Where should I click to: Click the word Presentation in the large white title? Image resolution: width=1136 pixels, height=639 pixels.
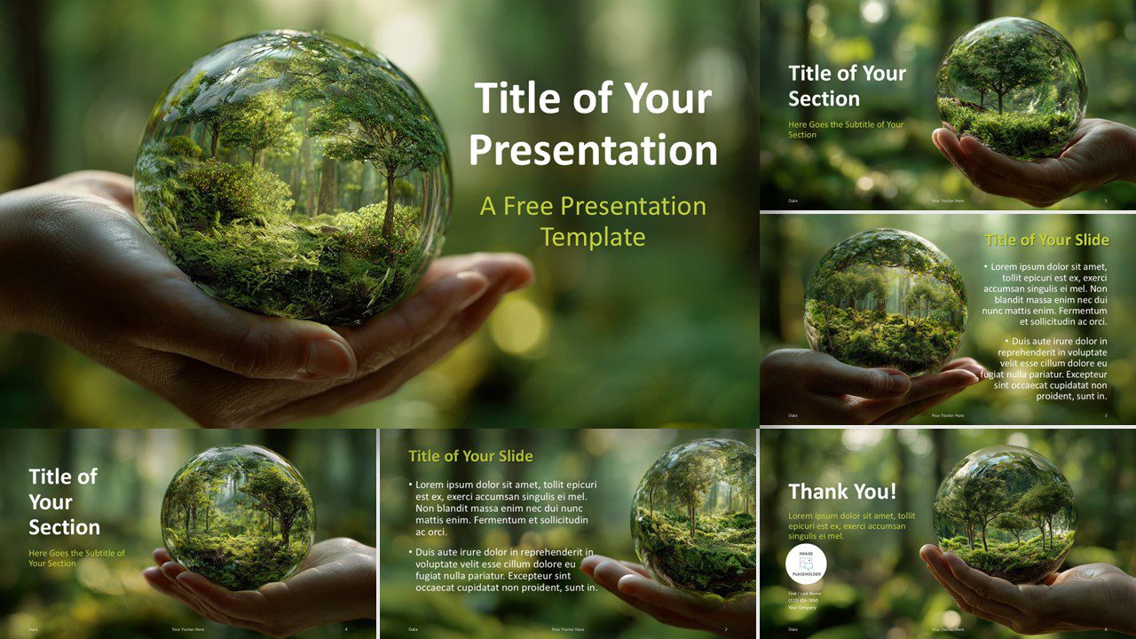click(593, 150)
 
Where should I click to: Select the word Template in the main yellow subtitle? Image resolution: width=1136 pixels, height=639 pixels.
click(593, 237)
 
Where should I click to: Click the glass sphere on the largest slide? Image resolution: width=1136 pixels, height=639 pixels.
click(293, 177)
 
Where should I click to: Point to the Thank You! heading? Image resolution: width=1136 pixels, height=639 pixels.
click(842, 491)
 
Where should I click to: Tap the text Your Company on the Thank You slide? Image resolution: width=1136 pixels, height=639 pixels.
click(803, 607)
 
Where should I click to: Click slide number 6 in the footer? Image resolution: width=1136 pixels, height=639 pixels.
click(1106, 629)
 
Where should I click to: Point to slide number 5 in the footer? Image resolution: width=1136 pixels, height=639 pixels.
click(1106, 201)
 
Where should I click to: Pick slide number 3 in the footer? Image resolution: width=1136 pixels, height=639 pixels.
click(1106, 415)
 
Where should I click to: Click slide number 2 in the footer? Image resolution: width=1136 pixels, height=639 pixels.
click(726, 629)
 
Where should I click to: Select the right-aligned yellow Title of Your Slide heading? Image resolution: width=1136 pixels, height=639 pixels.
click(1046, 240)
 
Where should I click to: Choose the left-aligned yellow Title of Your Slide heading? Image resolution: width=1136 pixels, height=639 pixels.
click(470, 456)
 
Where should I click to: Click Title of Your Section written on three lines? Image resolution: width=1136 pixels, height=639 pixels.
click(64, 501)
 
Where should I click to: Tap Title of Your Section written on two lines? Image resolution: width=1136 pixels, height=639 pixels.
click(847, 86)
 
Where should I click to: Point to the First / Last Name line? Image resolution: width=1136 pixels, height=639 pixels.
click(804, 593)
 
